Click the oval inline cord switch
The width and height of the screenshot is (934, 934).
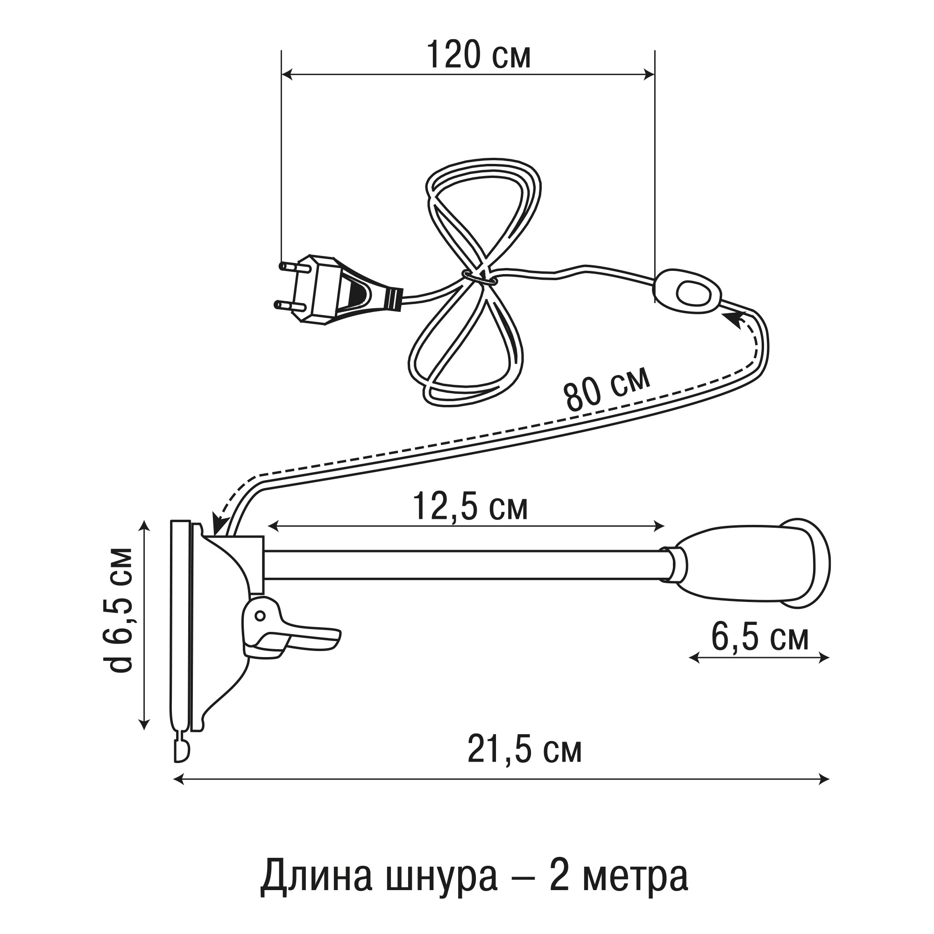coord(687,292)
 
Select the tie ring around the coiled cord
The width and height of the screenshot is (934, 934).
coord(476,277)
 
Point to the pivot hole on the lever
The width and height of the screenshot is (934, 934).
coord(260,616)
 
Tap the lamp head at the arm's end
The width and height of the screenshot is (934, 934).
coord(754,564)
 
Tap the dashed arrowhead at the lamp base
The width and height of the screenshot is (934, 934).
coord(220,524)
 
